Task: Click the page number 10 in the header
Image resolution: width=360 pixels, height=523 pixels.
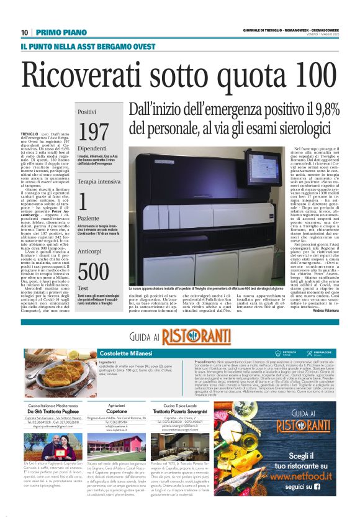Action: click(25, 32)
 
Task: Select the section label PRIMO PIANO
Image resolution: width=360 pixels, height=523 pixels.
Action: click(61, 32)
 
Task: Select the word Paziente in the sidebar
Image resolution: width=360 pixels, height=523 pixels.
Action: click(89, 217)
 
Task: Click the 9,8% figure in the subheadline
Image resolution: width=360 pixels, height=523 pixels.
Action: click(323, 110)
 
